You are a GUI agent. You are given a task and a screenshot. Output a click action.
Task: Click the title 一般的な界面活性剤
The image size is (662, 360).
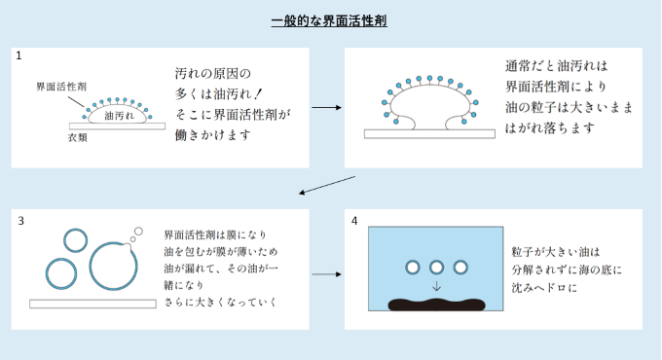tap(329, 20)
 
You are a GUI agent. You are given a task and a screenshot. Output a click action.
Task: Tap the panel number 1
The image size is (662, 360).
tap(18, 55)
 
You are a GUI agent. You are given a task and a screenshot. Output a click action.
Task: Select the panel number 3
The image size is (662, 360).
tap(21, 221)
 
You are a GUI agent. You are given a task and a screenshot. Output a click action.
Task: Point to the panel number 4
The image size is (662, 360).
tap(354, 221)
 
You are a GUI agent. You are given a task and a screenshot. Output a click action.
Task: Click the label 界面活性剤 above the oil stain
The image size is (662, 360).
tap(61, 87)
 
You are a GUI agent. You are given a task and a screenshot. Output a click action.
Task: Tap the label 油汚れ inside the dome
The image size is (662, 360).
tap(119, 116)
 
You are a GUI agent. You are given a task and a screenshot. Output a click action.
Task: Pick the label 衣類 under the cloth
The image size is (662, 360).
tap(77, 137)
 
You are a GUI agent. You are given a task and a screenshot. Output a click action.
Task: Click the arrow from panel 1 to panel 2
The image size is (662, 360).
tap(326, 108)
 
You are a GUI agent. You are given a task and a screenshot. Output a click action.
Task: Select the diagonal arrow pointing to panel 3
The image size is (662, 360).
tap(327, 185)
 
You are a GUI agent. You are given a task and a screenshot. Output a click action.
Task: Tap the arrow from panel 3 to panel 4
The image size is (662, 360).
tap(326, 274)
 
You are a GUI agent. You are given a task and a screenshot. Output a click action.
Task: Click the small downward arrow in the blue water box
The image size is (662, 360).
tap(436, 287)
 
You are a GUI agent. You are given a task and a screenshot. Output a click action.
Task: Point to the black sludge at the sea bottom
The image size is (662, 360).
tap(436, 305)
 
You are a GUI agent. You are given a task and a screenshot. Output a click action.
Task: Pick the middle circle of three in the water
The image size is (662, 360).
tap(436, 268)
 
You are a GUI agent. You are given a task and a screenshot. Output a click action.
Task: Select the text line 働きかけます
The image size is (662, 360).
tap(213, 135)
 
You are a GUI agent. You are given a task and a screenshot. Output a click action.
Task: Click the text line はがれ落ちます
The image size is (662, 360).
tap(550, 127)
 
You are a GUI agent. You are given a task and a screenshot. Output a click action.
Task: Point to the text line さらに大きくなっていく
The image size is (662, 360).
tap(220, 303)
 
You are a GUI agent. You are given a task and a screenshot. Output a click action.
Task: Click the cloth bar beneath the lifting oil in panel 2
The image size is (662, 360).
tap(429, 134)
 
